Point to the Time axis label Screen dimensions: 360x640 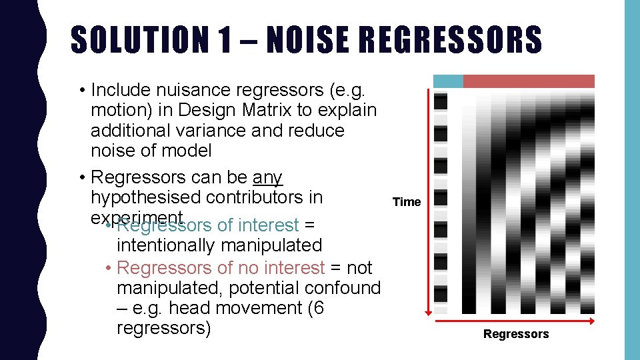pyautogui.click(x=407, y=202)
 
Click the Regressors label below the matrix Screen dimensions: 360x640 pyautogui.click(x=516, y=334)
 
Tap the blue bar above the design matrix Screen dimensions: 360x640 pyautogui.click(x=448, y=81)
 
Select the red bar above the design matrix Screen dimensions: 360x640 pyautogui.click(x=529, y=81)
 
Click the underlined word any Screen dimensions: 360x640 pyautogui.click(x=268, y=177)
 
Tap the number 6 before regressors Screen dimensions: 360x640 pyautogui.click(x=317, y=308)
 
